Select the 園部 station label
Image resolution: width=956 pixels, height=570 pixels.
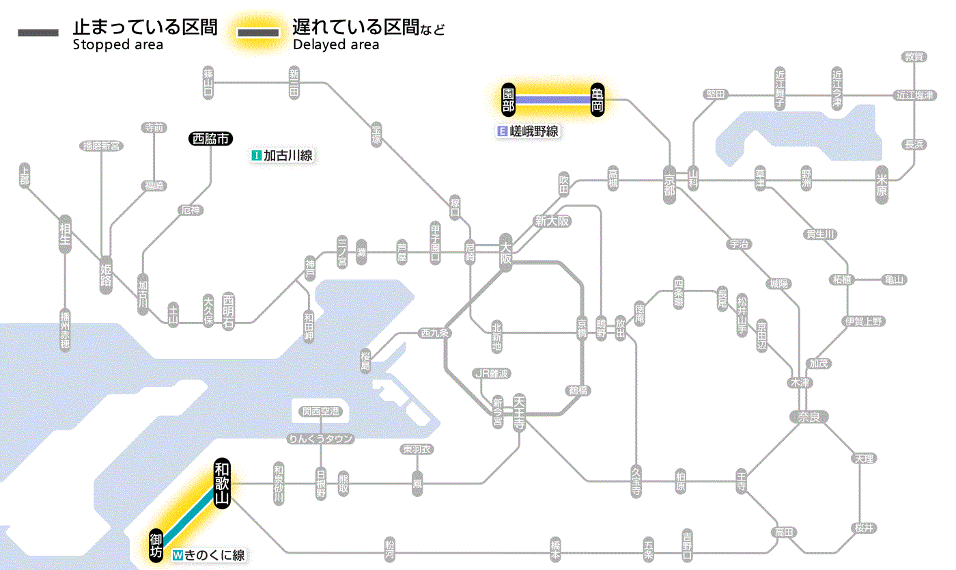tap(508, 100)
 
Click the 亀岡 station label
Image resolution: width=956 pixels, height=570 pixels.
tap(597, 100)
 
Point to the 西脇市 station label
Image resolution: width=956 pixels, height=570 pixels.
tap(211, 139)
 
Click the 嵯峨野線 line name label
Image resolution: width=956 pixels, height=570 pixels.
tap(529, 131)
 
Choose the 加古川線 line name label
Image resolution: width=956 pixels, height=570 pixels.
tap(282, 156)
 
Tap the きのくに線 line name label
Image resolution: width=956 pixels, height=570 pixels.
tap(209, 555)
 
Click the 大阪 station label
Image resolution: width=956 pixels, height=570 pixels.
tap(505, 254)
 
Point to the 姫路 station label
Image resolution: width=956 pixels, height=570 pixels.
tap(106, 274)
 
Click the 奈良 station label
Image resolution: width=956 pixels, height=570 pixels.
tap(809, 416)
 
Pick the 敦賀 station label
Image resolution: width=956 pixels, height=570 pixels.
tap(914, 57)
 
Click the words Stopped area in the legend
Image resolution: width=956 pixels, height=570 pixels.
tap(117, 45)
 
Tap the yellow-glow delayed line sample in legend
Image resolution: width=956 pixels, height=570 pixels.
tap(257, 33)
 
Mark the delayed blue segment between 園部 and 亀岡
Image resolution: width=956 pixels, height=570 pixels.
tap(552, 100)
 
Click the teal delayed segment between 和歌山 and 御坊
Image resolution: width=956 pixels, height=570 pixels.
tap(189, 515)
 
